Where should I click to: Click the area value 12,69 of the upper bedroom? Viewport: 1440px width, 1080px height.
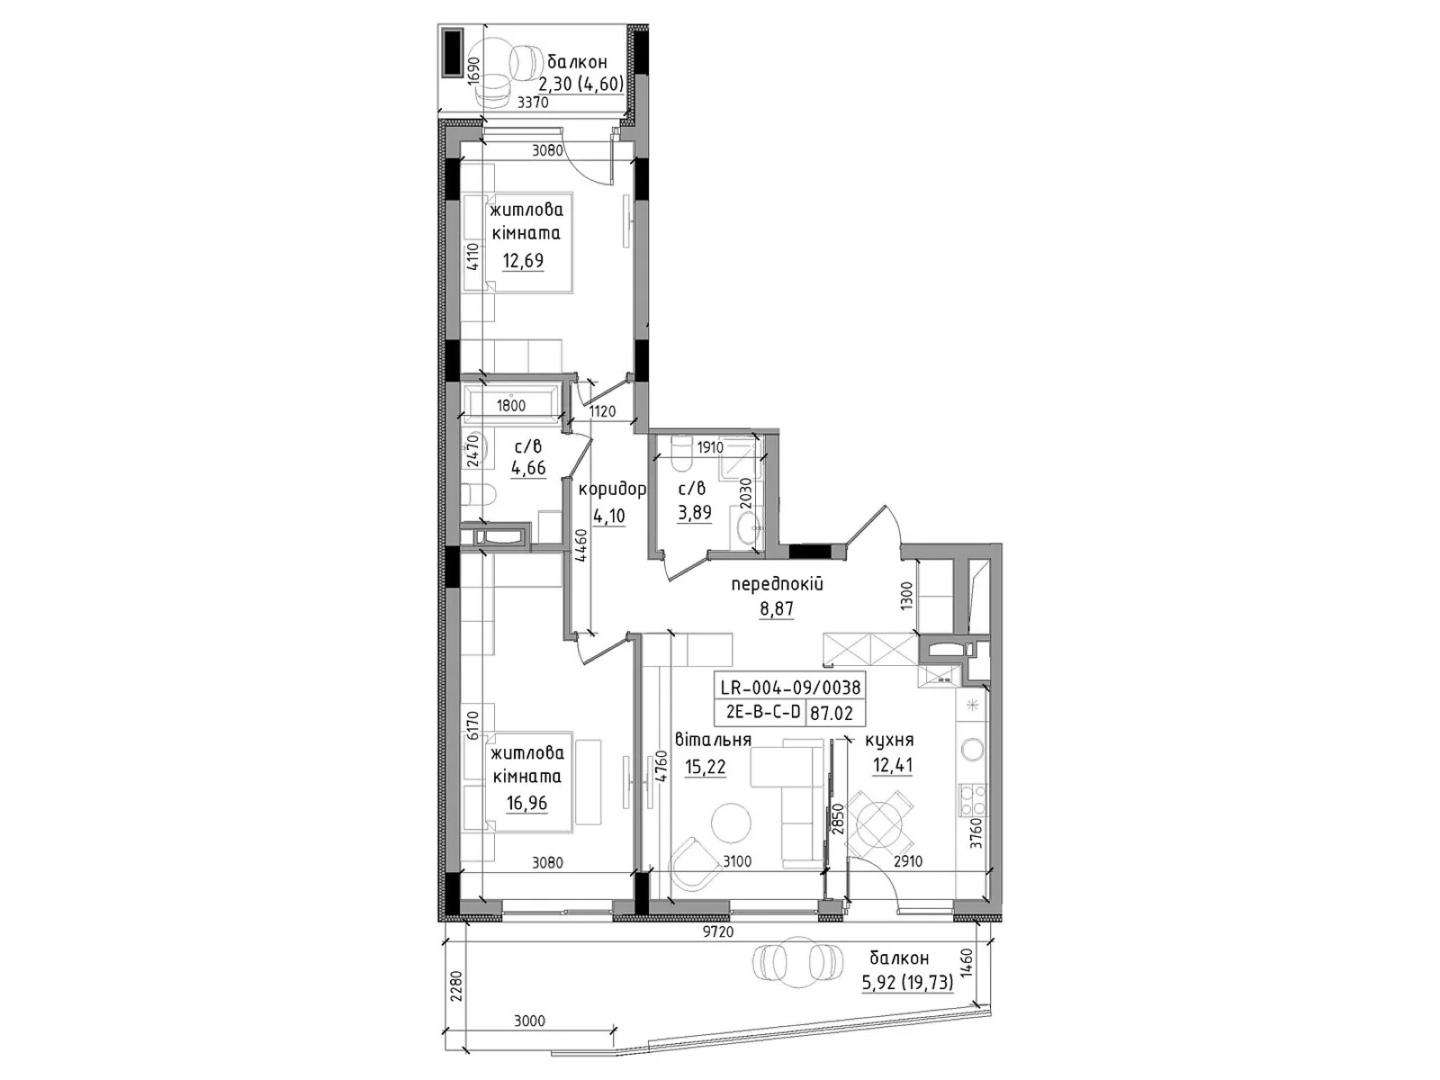(x=523, y=261)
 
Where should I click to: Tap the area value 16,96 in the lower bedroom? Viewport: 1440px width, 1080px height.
(x=526, y=804)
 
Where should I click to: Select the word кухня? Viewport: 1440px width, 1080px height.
(x=889, y=741)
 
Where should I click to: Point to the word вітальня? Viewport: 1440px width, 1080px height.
(x=713, y=741)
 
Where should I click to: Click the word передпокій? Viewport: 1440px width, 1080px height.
(x=777, y=584)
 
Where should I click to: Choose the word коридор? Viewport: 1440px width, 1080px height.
(x=612, y=490)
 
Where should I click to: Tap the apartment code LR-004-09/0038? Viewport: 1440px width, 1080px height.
(x=790, y=688)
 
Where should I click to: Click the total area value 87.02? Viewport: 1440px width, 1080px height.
(x=832, y=714)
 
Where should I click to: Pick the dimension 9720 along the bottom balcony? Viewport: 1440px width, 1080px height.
(x=717, y=932)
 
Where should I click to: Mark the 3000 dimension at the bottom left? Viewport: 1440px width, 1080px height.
(x=529, y=1021)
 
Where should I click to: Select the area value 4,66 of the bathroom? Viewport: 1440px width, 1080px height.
(x=528, y=468)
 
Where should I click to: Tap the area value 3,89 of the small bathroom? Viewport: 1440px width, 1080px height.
(x=694, y=512)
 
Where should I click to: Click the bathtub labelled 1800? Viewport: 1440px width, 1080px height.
(x=512, y=401)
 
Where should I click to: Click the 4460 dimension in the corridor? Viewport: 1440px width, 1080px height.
(x=580, y=544)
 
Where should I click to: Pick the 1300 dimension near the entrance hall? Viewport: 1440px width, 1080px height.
(x=906, y=596)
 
